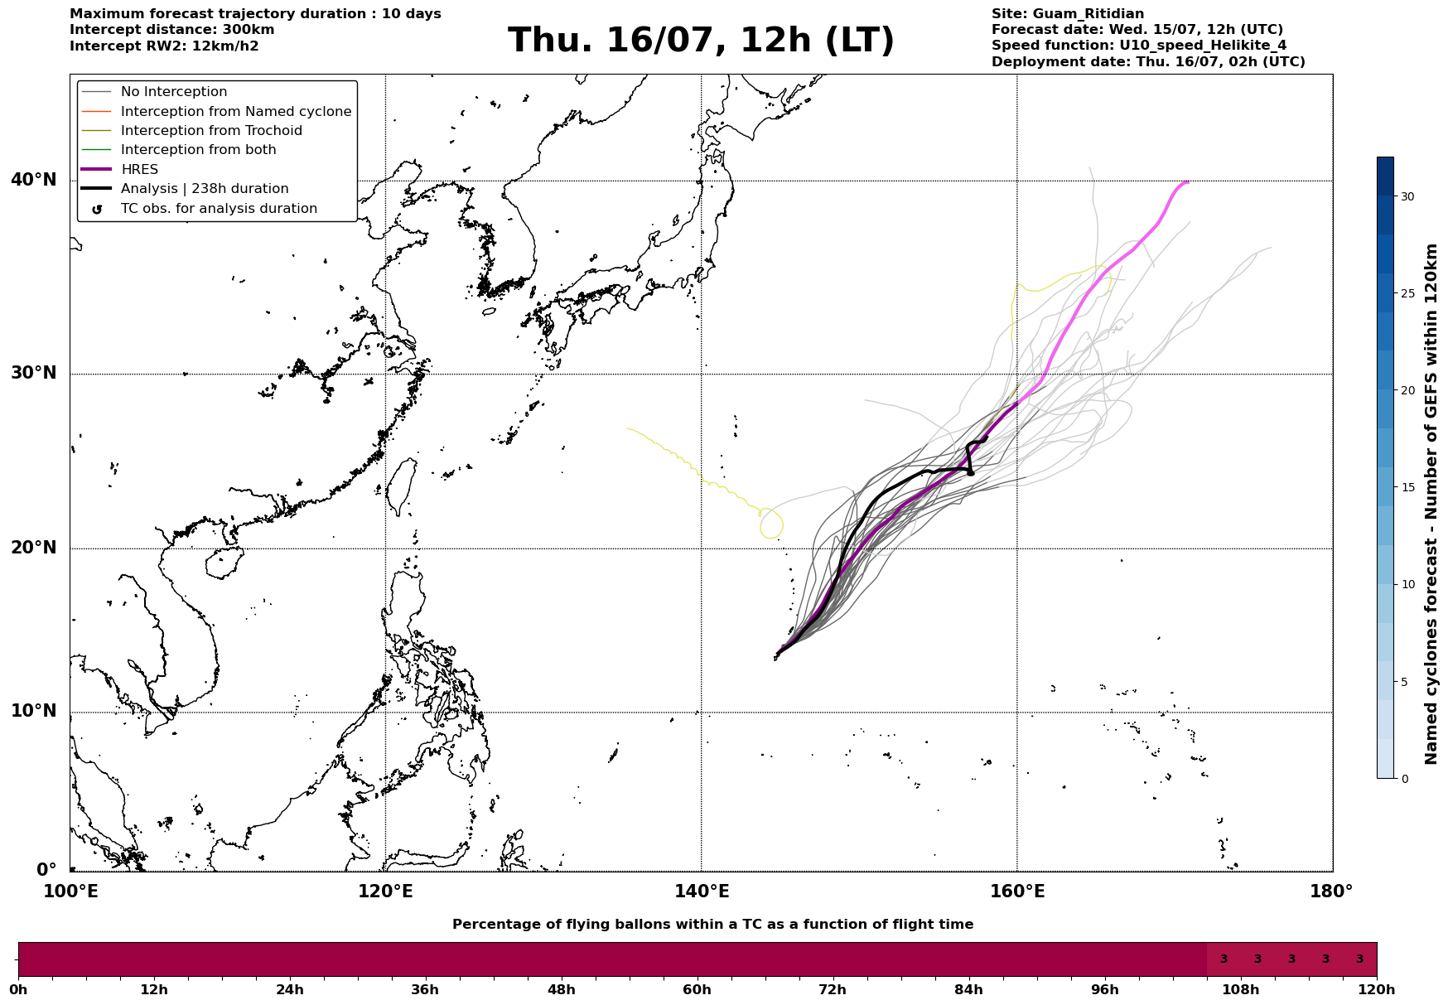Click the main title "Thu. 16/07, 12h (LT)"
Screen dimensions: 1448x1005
click(x=701, y=41)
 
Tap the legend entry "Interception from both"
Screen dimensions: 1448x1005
click(x=179, y=150)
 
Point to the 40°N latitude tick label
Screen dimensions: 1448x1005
click(x=34, y=180)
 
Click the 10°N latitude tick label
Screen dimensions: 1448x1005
click(x=34, y=712)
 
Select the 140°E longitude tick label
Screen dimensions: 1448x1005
click(x=701, y=891)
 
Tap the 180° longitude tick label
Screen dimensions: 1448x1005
click(x=1331, y=891)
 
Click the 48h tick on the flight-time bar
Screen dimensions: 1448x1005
click(x=561, y=989)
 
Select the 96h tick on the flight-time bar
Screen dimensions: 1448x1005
click(x=1104, y=989)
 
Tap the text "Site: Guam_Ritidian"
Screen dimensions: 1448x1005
click(x=1067, y=14)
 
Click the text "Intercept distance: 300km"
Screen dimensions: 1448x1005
click(x=172, y=30)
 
